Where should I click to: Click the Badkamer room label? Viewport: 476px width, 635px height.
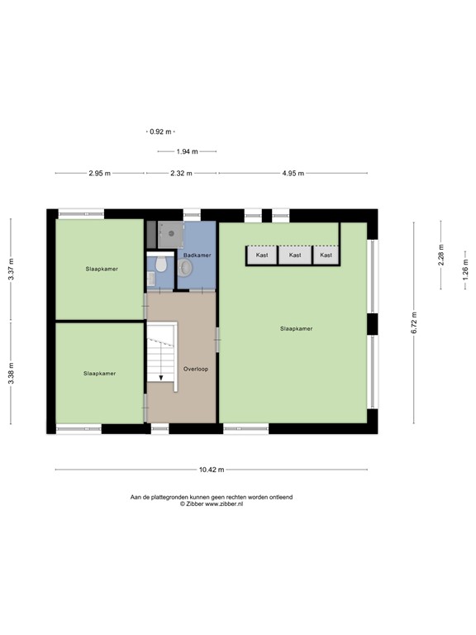click(x=197, y=255)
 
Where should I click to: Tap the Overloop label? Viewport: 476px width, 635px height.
click(x=196, y=369)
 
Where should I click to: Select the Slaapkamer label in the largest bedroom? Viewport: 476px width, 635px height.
click(x=296, y=328)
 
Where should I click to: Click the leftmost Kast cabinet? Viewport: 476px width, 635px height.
click(x=263, y=255)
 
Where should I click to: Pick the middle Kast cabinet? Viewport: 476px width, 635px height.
click(x=295, y=255)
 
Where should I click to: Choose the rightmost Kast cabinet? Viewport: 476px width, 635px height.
click(x=326, y=255)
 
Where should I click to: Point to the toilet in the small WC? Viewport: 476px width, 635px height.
click(x=162, y=265)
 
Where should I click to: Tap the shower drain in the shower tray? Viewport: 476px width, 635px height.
click(x=172, y=233)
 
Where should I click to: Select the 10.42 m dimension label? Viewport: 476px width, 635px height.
click(x=212, y=470)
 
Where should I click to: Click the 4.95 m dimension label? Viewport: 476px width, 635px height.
click(x=293, y=174)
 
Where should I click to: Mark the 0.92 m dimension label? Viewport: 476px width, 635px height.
click(x=160, y=131)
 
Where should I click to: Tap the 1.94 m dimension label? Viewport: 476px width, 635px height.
click(x=188, y=151)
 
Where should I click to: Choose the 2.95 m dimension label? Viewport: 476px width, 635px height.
click(x=100, y=174)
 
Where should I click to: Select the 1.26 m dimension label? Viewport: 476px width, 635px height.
click(x=465, y=272)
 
